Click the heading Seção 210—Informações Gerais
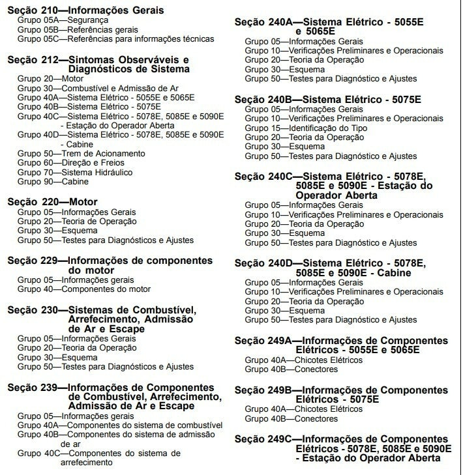tap(85, 10)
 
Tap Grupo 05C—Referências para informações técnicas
tap(115, 39)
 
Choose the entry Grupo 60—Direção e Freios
tap(70, 163)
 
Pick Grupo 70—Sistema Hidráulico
tap(75, 173)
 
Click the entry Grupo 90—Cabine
tap(53, 182)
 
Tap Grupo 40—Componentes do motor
tap(84, 289)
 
